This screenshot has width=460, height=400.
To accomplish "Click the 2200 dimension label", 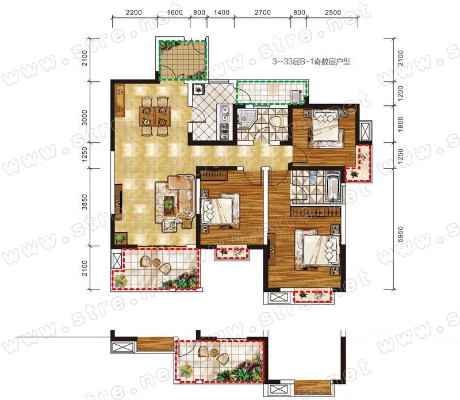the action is [x=133, y=13].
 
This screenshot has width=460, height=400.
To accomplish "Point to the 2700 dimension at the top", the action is [x=263, y=13].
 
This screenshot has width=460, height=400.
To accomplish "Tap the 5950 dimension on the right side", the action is [x=400, y=234].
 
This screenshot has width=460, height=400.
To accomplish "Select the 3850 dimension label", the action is [x=85, y=202].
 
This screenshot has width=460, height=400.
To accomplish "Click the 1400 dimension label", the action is [x=221, y=13].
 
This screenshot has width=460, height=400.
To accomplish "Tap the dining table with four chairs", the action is [x=155, y=116].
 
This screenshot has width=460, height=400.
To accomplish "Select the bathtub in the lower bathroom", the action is [x=332, y=187].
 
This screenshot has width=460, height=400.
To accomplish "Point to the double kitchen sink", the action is [x=225, y=114].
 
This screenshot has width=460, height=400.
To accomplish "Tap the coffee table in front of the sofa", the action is [x=168, y=203].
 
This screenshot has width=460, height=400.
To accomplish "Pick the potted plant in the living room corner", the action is [x=120, y=238].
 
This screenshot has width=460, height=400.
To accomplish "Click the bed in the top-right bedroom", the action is [x=326, y=128].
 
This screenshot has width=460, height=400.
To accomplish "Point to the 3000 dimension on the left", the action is [x=85, y=117].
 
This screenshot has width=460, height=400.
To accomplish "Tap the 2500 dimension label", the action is [x=333, y=13].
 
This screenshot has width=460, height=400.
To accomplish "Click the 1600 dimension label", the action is [x=175, y=13].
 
